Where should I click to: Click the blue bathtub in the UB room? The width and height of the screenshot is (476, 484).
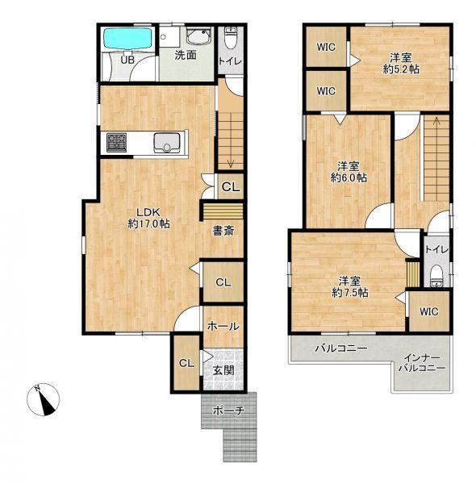pos(127,39)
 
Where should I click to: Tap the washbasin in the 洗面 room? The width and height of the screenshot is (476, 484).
pos(199,35)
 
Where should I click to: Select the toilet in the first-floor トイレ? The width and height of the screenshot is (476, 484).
pos(230,38)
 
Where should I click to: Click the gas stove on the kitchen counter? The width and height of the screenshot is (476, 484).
pos(116,142)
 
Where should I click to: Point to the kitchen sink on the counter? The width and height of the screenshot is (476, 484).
pos(167,143)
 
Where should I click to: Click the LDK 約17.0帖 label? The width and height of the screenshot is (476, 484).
pos(148,218)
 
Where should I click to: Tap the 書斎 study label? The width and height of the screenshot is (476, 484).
pos(223,231)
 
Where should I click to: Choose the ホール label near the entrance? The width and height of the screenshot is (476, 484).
pos(223,326)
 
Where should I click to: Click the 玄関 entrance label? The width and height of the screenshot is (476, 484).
pos(223,370)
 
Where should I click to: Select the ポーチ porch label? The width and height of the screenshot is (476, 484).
pos(229,411)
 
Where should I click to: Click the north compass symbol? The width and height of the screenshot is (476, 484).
pos(44,399)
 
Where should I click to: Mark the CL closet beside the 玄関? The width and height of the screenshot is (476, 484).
pos(186,363)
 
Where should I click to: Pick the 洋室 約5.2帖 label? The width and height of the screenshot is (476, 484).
pos(401,63)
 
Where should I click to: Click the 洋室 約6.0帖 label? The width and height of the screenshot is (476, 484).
pos(349,172)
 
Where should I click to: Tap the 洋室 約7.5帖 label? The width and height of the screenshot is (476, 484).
pos(350,286)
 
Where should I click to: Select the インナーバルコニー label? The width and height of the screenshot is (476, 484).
pos(422,363)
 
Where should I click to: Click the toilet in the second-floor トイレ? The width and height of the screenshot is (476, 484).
pos(436,276)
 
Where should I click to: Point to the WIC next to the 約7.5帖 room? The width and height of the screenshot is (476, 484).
pos(429,311)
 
